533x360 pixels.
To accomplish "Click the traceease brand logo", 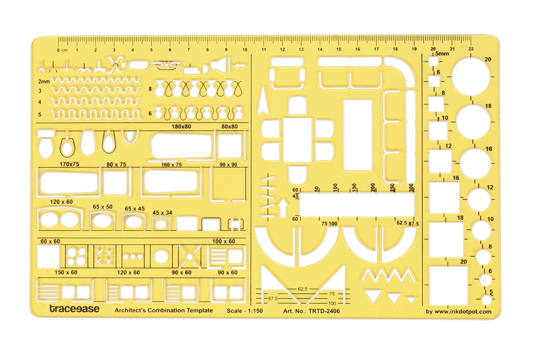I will [74, 308].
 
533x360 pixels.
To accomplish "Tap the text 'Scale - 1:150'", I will [244, 310].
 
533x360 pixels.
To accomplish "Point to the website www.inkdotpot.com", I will [458, 312].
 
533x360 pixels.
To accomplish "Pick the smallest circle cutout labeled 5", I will [486, 300].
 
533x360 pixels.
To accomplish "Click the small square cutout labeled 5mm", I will [433, 62].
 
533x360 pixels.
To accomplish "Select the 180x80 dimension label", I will [181, 127].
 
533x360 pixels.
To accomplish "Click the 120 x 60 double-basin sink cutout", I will [59, 220].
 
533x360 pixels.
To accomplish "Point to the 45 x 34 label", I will [162, 213].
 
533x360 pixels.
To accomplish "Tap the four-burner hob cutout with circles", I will [77, 256].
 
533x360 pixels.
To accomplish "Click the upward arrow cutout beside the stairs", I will [283, 208].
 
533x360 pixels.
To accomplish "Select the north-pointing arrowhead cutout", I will [263, 101].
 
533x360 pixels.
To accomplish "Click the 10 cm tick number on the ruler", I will [245, 50].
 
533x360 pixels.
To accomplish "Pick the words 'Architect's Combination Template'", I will [164, 310].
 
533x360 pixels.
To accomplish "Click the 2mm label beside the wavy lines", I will [44, 81].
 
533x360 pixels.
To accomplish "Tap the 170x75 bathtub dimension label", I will [69, 164].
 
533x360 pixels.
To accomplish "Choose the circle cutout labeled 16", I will [475, 164].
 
